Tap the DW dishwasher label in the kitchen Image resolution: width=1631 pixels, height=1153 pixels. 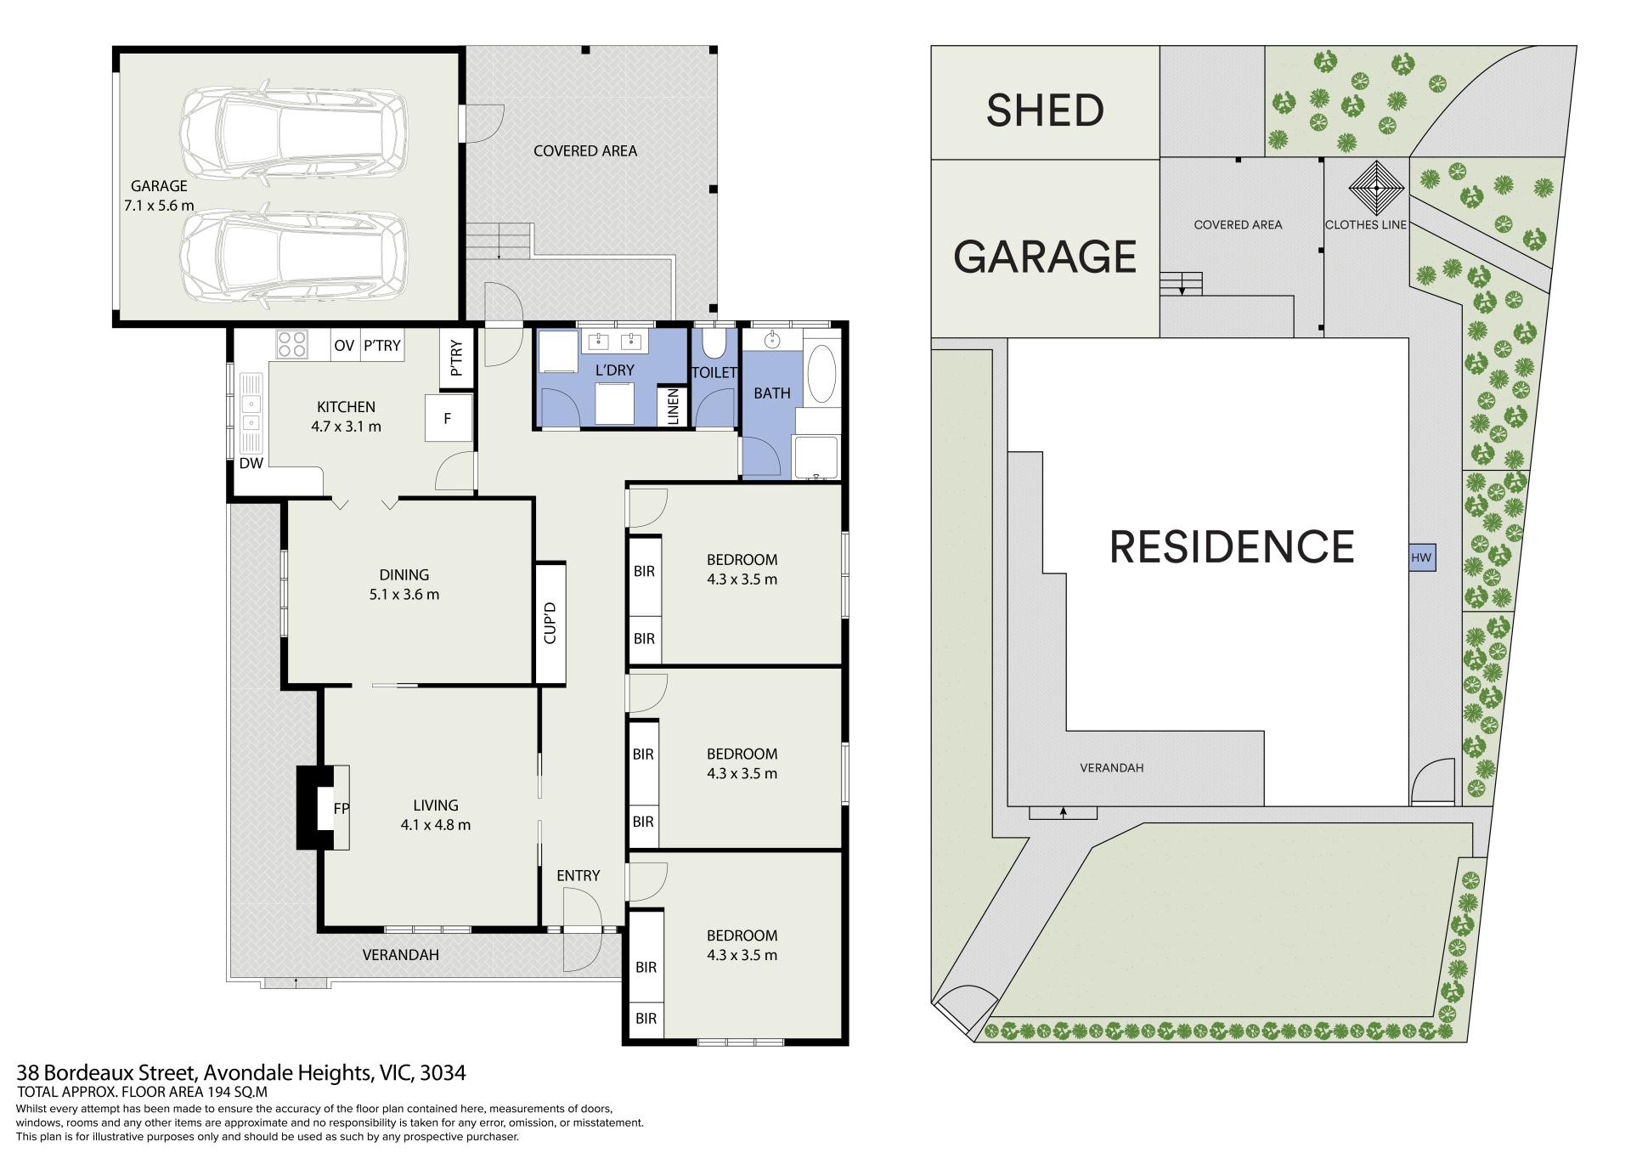click(x=251, y=463)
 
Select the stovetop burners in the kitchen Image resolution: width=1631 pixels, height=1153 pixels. click(x=291, y=344)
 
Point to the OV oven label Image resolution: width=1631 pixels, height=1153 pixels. click(x=344, y=346)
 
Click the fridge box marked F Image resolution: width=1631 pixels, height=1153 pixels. click(x=448, y=417)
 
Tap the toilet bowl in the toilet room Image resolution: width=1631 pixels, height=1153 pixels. click(x=714, y=343)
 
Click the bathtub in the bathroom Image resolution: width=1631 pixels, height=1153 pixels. click(x=821, y=374)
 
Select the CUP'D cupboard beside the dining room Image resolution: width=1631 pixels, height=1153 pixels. click(x=550, y=623)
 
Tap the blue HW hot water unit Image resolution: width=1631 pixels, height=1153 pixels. click(x=1421, y=558)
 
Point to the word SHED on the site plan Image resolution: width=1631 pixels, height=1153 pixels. click(x=1045, y=110)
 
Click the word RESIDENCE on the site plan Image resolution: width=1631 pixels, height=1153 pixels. click(x=1232, y=546)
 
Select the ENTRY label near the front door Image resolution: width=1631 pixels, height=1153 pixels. click(x=578, y=875)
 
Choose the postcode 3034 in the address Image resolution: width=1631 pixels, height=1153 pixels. click(x=443, y=1073)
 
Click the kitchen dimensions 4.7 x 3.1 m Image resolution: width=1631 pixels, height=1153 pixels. click(x=346, y=427)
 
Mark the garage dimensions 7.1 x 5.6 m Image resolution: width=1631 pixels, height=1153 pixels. click(x=159, y=206)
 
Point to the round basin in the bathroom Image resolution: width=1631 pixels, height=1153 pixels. click(x=772, y=341)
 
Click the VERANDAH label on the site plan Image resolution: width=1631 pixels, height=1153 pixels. click(x=1111, y=768)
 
